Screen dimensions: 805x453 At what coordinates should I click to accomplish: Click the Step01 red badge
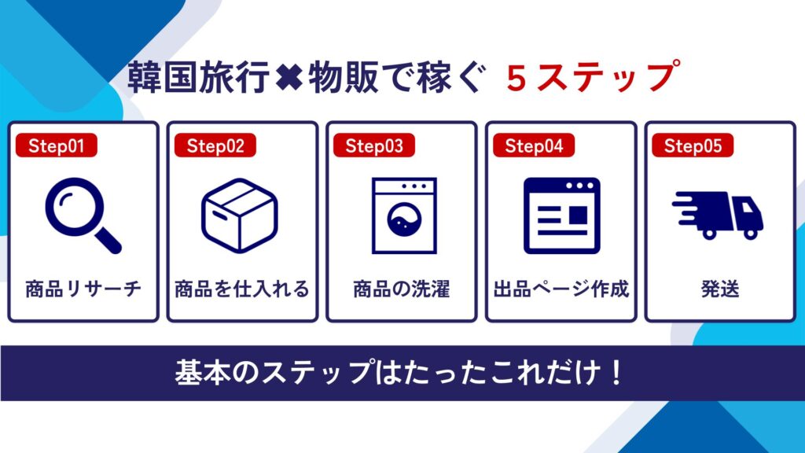pos(57,145)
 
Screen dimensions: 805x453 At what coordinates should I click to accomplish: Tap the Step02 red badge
pos(215,145)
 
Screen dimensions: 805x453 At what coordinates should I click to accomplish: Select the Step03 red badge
pos(374,145)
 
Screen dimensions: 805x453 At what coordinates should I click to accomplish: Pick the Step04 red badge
pos(534,145)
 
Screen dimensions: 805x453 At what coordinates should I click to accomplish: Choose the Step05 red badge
pos(693,145)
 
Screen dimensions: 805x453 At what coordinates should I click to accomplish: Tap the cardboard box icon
pos(240,215)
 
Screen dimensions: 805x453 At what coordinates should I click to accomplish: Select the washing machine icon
pos(405,215)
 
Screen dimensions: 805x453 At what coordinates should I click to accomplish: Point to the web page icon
pos(561,215)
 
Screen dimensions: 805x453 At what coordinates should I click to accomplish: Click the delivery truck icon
pos(719,215)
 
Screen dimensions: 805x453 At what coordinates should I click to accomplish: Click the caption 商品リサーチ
pos(83,289)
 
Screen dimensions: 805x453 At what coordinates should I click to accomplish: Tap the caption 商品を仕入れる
pos(242,289)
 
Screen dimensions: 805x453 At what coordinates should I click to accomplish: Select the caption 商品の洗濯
pos(402,289)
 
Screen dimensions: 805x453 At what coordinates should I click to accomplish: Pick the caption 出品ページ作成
pos(561,289)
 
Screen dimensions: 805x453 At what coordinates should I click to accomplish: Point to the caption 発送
pos(720,289)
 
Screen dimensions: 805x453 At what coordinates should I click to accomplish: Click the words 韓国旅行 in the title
pos(199,77)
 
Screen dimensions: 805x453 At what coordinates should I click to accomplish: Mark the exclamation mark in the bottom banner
pos(616,373)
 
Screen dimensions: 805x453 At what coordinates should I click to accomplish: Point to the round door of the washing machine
pos(405,220)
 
